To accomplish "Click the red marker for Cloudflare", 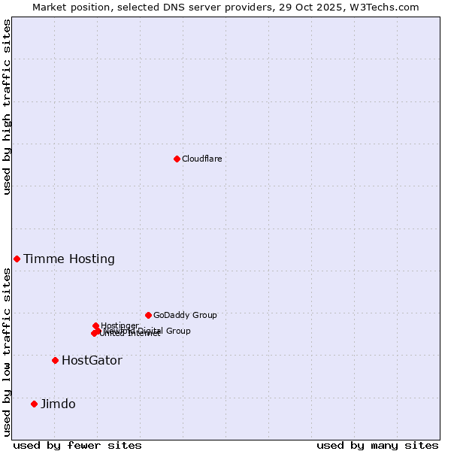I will coord(177,159).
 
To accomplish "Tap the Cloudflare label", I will coord(201,159).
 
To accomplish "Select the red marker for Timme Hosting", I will coord(17,259).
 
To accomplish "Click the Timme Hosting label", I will coord(69,259).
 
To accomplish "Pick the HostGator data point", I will coord(55,360).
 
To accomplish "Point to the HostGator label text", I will coord(92,361).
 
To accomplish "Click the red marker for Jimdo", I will coord(34,404).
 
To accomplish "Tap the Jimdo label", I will coord(58,404).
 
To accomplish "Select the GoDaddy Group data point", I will coord(148,315).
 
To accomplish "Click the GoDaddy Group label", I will coord(185,315).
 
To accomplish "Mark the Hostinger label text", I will coord(120,325).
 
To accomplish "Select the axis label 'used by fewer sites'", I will coord(77,445).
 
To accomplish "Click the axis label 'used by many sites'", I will coord(377,445).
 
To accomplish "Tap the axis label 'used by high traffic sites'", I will coord(7,107).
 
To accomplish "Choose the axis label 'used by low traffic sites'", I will coord(7,352).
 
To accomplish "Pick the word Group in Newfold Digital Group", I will coord(178,331).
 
